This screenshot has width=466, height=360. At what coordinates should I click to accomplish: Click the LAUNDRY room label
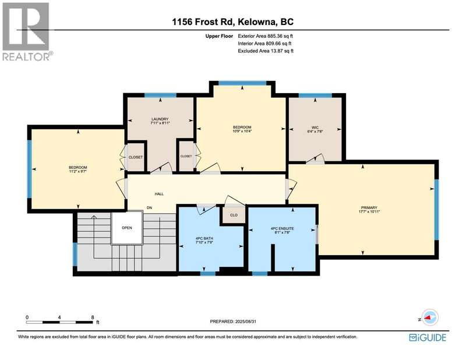[160, 119]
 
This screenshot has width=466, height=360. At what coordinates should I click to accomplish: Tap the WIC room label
[315, 128]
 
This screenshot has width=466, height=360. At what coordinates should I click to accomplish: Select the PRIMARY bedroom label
[369, 208]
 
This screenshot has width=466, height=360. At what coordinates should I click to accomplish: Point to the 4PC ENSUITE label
[282, 228]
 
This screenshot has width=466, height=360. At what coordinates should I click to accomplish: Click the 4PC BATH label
[204, 238]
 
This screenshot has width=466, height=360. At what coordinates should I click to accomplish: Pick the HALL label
[159, 194]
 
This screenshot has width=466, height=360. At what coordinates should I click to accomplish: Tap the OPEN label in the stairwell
[127, 228]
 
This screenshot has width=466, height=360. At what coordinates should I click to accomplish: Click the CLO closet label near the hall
[234, 215]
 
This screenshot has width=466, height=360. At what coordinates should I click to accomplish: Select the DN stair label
[150, 208]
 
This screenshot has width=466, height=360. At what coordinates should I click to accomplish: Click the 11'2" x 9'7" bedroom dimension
[78, 171]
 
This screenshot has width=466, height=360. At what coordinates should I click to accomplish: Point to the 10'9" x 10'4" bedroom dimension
[242, 131]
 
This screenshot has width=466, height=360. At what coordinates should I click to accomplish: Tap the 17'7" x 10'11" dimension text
[369, 211]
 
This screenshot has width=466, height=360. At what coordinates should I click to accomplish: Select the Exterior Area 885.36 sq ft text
[266, 36]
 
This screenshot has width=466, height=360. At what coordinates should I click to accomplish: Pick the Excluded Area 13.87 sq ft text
[266, 51]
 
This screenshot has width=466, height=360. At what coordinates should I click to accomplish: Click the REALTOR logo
[27, 31]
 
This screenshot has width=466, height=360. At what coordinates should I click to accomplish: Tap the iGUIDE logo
[428, 337]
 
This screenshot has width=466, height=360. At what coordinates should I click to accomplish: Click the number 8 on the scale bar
[93, 317]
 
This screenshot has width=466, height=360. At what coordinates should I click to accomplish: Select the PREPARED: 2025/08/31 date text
[233, 322]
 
